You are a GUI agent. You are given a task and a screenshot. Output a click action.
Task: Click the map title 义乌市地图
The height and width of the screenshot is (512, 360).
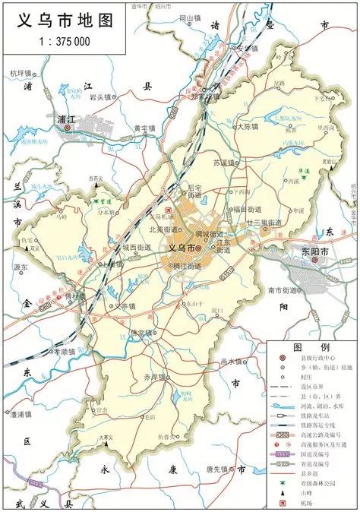(x=65, y=20)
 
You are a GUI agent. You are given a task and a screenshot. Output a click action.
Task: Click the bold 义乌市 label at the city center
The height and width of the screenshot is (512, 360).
(x=182, y=248)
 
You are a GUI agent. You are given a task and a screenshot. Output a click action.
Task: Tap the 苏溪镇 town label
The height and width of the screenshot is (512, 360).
(x=226, y=163)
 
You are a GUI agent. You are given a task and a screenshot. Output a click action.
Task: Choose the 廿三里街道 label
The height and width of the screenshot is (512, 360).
(x=264, y=222)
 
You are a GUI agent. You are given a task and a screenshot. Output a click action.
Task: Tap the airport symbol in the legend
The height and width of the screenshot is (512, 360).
(x=283, y=504)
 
